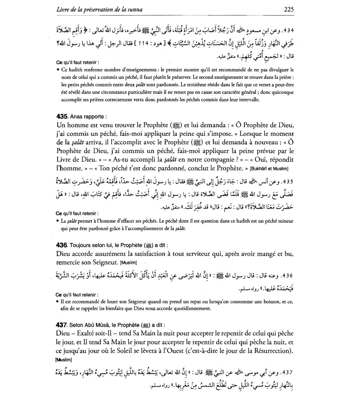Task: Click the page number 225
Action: click(288, 10)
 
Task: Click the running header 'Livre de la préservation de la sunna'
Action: click(99, 10)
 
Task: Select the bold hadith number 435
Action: click(62, 117)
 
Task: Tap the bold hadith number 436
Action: click(62, 245)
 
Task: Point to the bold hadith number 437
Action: click(62, 325)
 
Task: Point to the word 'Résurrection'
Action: click(272, 351)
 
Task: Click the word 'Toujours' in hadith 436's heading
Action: click(79, 245)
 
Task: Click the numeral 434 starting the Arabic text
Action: click(287, 31)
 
